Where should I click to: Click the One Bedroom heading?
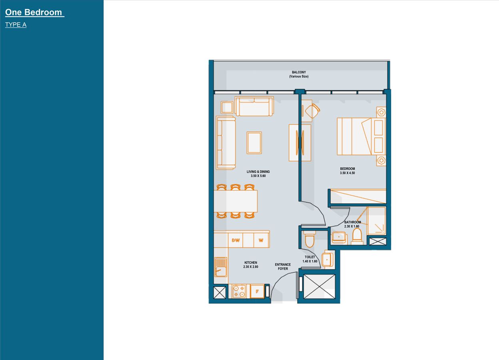click(34, 12)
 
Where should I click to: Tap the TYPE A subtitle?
click(16, 25)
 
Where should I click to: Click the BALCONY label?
click(299, 72)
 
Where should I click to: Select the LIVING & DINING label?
click(258, 172)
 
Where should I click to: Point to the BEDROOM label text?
click(347, 169)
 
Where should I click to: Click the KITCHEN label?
click(251, 263)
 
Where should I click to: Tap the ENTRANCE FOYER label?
click(283, 267)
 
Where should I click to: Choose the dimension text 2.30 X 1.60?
click(352, 226)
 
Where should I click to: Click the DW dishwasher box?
click(236, 240)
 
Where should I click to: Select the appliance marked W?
click(261, 240)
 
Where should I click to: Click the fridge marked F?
click(257, 291)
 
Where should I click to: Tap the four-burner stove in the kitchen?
click(239, 291)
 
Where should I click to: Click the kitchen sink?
click(220, 267)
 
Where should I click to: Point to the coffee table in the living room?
click(254, 143)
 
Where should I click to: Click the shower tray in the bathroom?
click(376, 221)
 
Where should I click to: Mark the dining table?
click(236, 201)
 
